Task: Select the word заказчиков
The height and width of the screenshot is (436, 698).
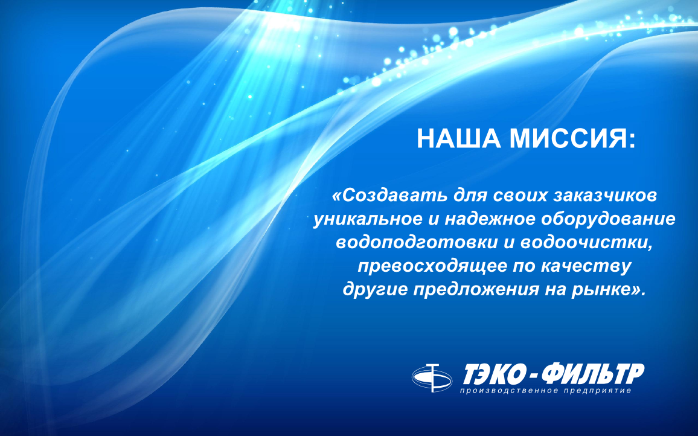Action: (605, 196)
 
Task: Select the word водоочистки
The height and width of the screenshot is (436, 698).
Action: (583, 243)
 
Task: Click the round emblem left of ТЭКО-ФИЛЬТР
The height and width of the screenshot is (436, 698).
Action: (432, 378)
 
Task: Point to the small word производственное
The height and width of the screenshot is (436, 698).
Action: (509, 391)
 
